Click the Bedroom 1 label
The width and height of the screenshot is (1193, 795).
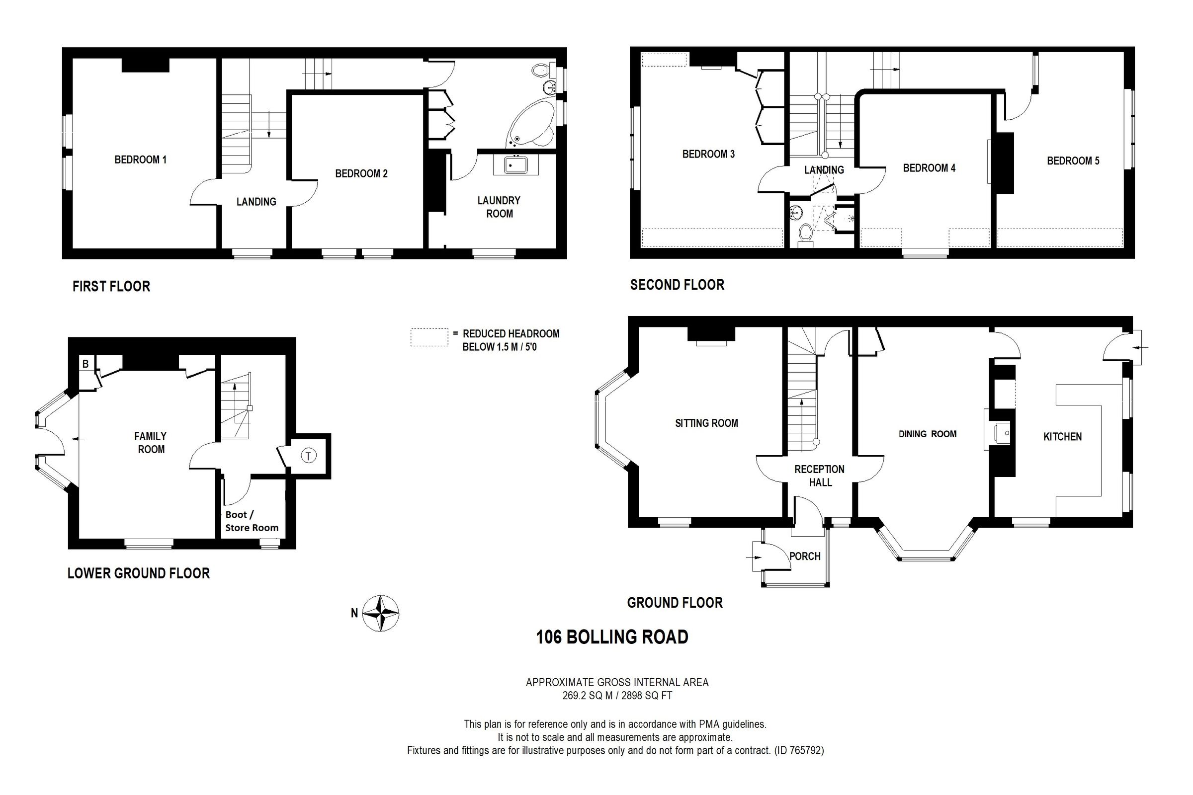pos(141,159)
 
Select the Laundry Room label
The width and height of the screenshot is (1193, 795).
pos(499,207)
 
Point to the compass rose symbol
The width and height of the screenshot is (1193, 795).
pos(381,613)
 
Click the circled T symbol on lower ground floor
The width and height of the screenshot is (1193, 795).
pos(308,456)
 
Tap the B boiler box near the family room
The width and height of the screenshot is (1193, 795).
pos(85,364)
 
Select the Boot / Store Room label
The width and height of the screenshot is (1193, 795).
pos(252,521)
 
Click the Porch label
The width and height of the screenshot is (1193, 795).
pos(804,556)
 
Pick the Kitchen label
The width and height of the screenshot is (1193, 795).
pos(1062,437)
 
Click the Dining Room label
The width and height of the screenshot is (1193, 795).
pos(927,434)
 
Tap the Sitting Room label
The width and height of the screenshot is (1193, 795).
pos(706,423)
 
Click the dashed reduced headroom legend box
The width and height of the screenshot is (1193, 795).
pos(429,338)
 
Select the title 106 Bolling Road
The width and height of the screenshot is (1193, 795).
pos(612,637)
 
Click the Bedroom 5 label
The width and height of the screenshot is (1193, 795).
pos(1073,160)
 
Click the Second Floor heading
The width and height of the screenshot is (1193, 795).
pos(677,285)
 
